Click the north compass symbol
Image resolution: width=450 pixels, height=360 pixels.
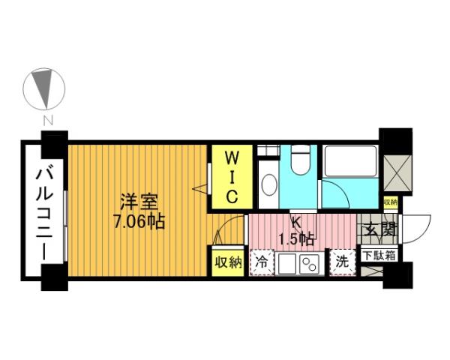(x=46, y=88)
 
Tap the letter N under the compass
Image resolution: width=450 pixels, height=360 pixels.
(x=47, y=120)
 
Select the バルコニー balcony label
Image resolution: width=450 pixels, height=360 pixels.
(x=42, y=214)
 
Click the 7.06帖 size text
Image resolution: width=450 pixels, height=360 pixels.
(x=138, y=222)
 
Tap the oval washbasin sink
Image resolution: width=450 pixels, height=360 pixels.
(x=267, y=184)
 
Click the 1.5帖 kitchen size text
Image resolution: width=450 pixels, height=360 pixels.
(x=295, y=239)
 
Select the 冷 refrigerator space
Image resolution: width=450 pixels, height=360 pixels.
(x=261, y=262)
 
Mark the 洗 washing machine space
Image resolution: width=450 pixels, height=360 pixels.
(x=342, y=262)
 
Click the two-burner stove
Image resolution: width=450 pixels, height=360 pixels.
(x=308, y=263)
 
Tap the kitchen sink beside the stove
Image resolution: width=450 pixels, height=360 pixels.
(x=288, y=263)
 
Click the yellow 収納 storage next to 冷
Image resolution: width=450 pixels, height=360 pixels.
(x=228, y=262)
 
